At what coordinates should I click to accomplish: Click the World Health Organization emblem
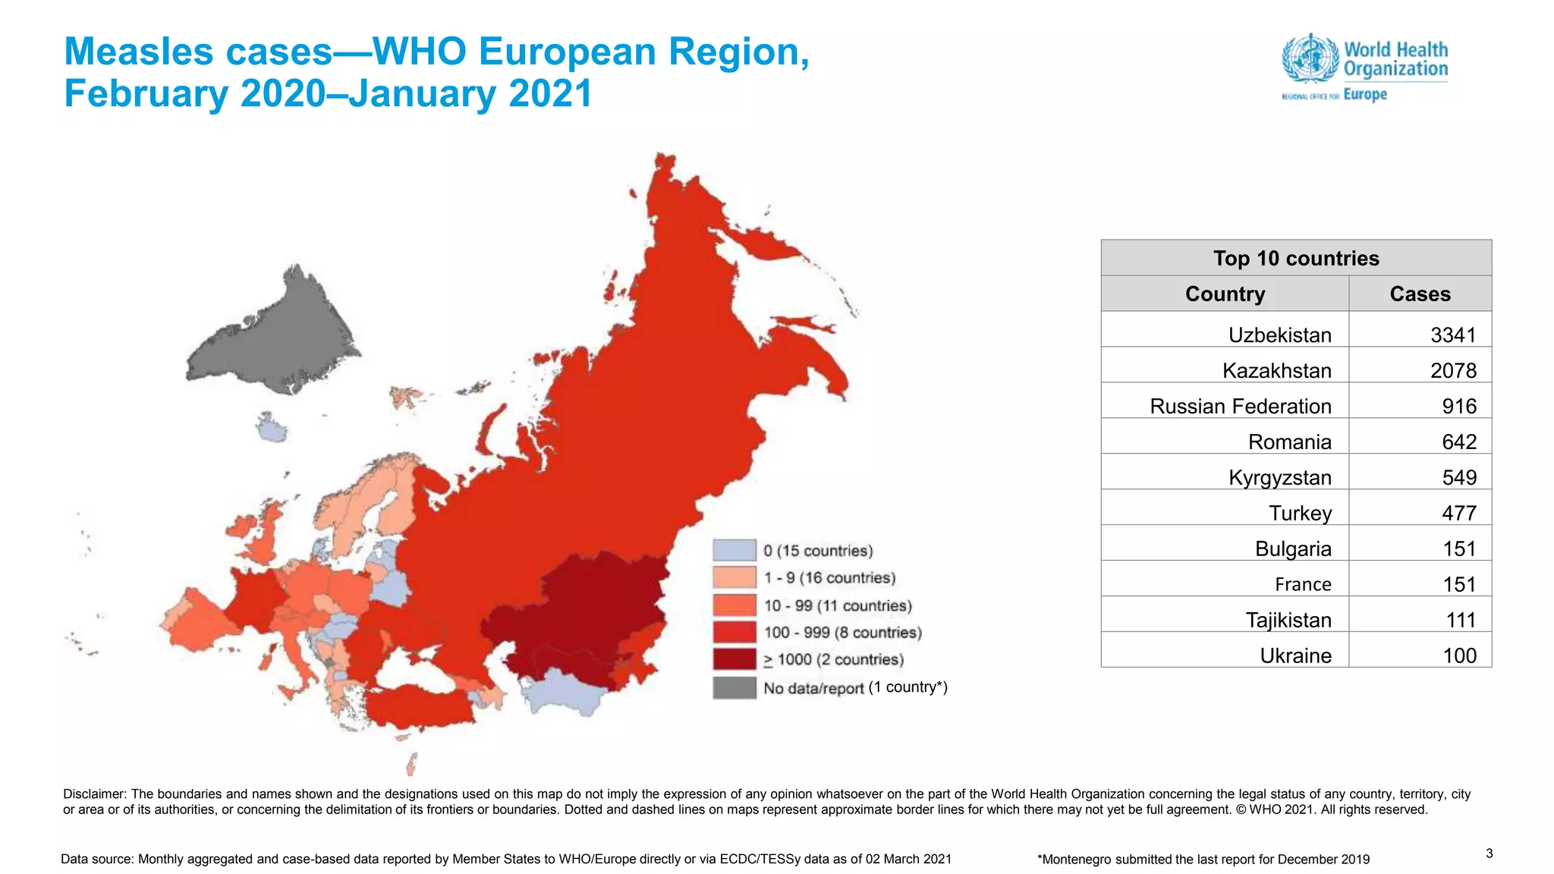(x=1310, y=58)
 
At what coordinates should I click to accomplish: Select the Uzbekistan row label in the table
(x=1279, y=335)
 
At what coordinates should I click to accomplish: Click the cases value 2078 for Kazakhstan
(x=1452, y=370)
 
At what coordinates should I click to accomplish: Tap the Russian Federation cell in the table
(x=1240, y=406)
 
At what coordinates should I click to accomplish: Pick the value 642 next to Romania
(x=1458, y=442)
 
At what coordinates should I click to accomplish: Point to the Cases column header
(x=1419, y=294)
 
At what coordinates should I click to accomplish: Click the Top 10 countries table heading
(x=1295, y=258)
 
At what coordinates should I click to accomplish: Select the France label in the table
(x=1302, y=584)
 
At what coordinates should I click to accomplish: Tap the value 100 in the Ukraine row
(x=1458, y=655)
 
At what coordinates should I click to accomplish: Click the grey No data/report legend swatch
(x=734, y=687)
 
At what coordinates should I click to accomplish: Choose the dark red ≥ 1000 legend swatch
(x=734, y=659)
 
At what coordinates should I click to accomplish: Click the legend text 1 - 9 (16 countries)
(x=829, y=578)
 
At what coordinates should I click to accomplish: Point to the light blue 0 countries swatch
(x=734, y=550)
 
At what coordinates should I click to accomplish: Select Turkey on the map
(x=417, y=709)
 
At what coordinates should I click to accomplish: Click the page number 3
(x=1489, y=854)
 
